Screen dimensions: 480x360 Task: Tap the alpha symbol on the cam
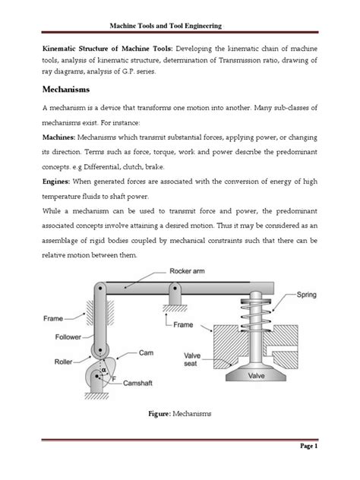[x=103, y=370]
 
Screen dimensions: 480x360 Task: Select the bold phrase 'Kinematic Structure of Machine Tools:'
[x=108, y=47]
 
